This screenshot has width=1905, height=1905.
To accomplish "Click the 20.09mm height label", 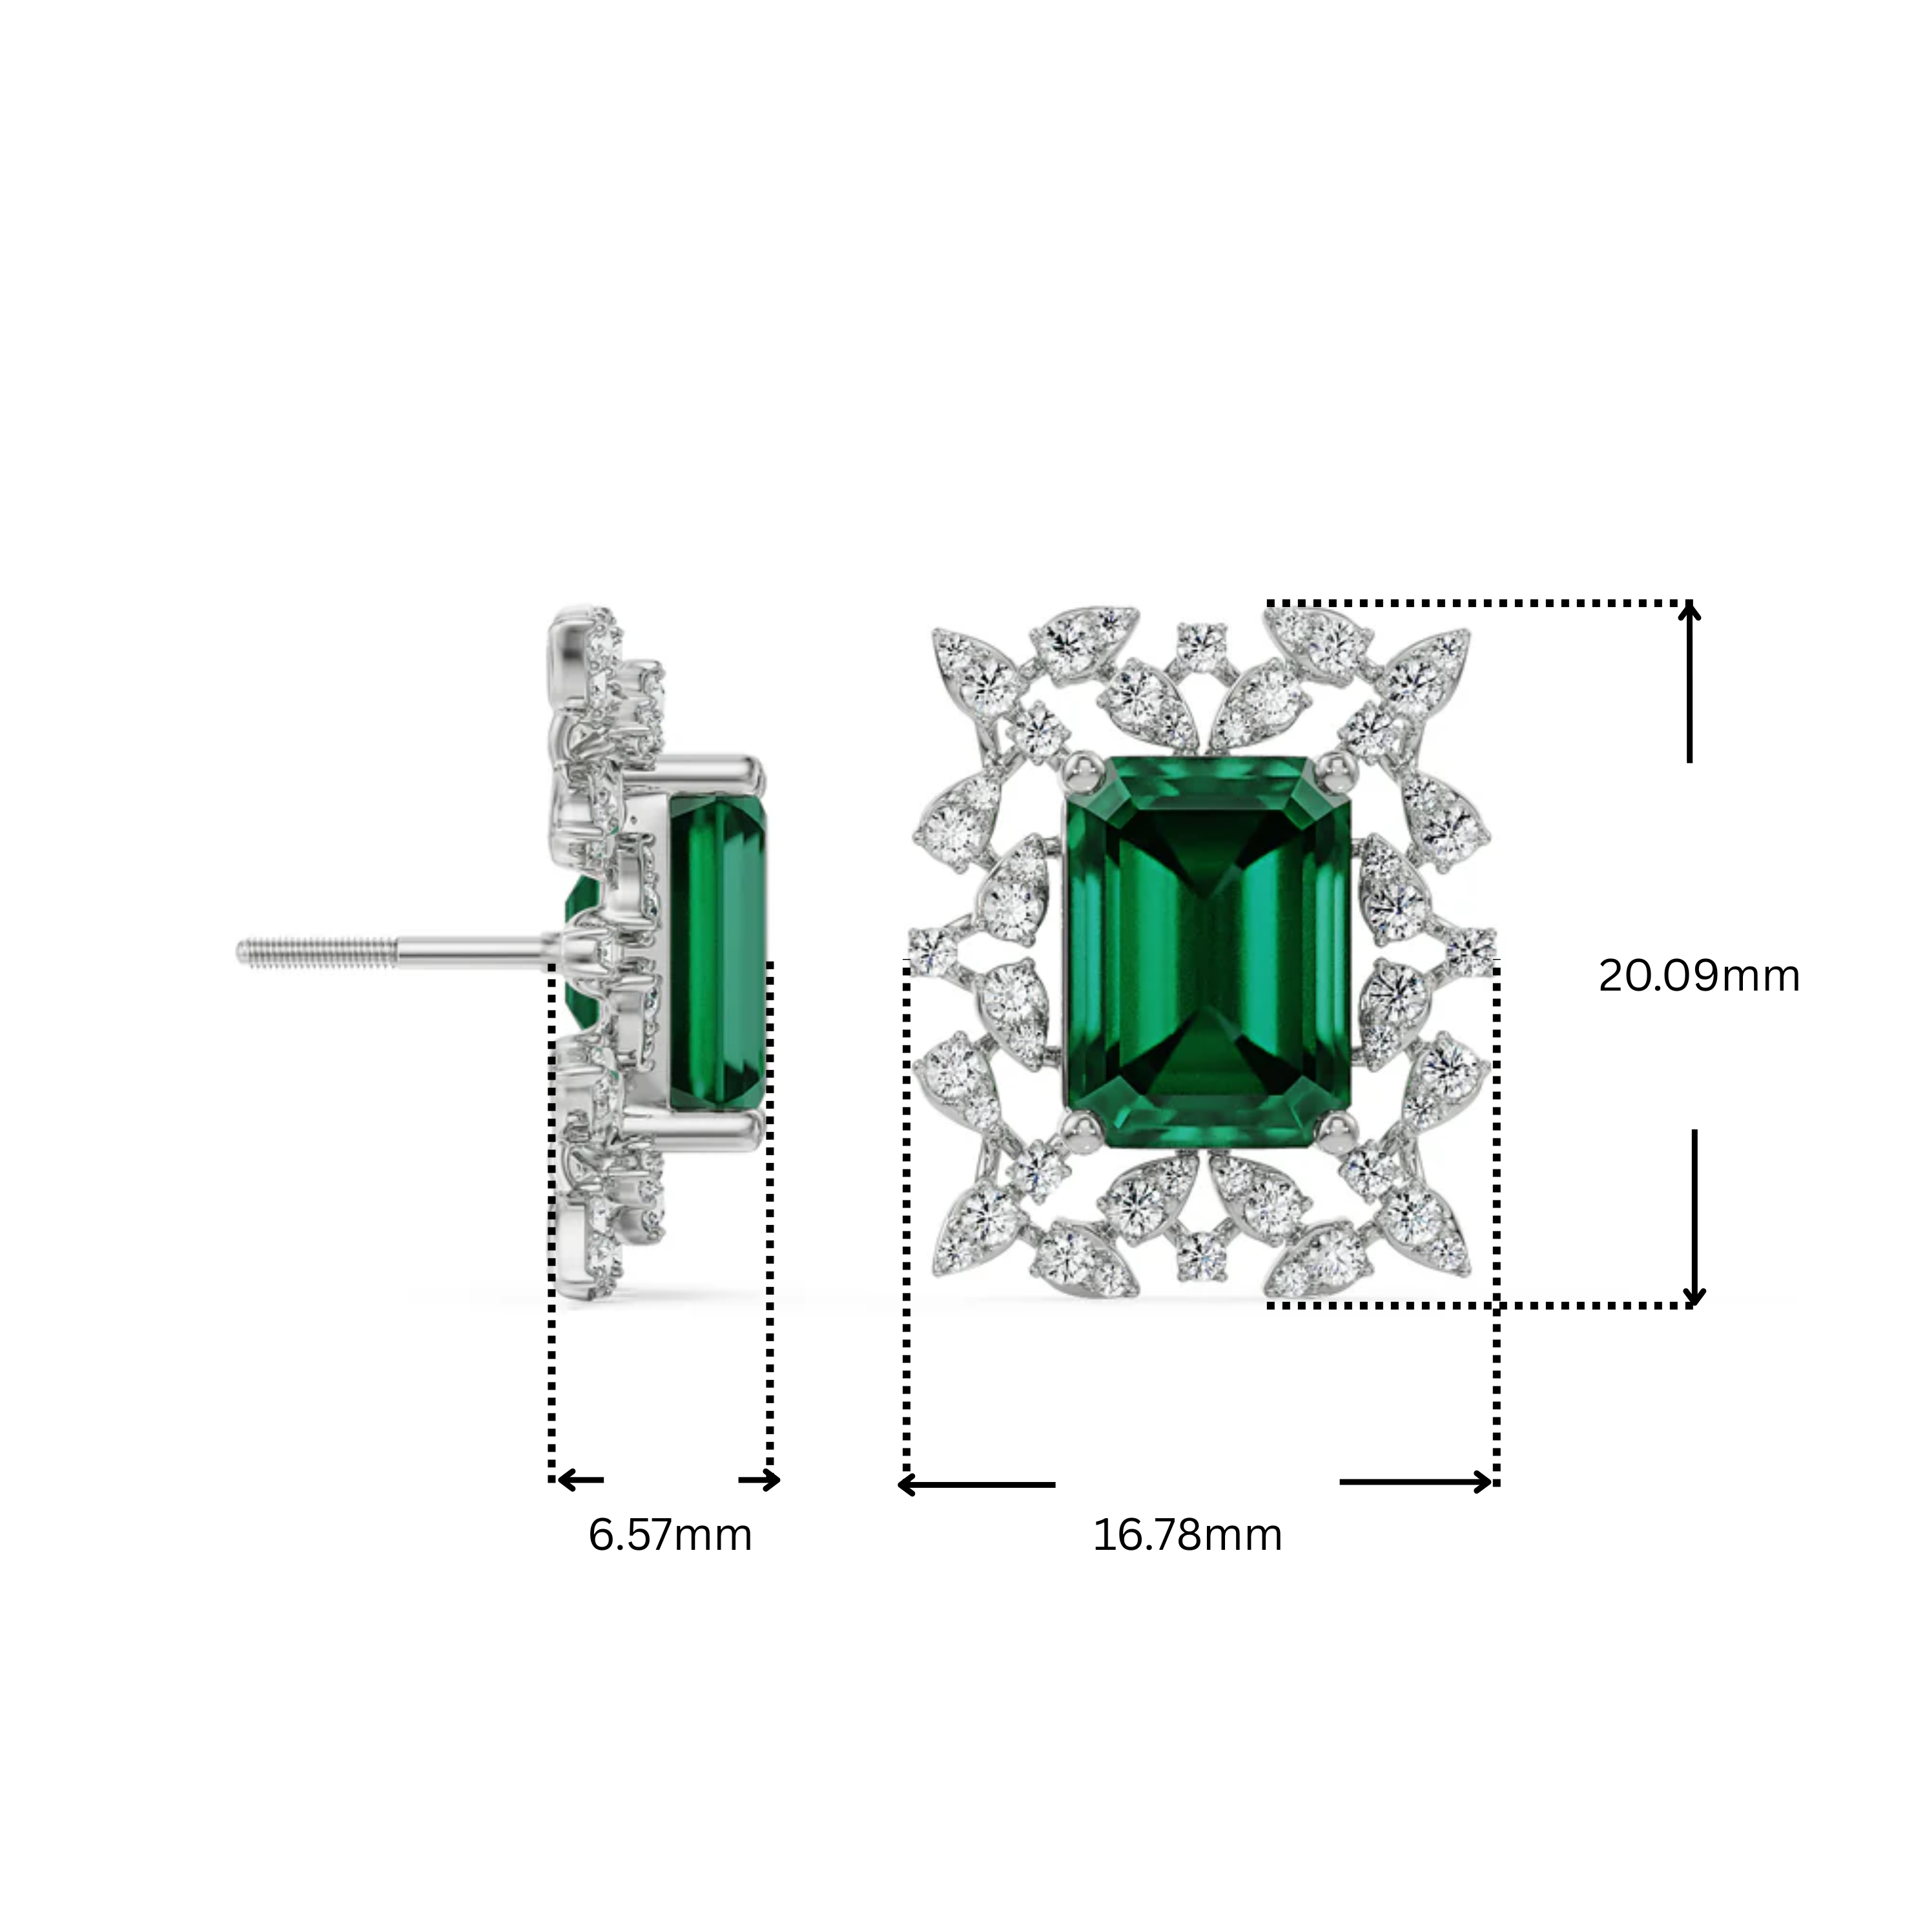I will pos(1698,976).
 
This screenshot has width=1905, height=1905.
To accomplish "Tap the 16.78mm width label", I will pos(1187,1535).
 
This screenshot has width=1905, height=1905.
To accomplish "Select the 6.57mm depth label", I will pos(670,1535).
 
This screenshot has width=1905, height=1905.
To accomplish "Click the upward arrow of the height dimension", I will pos(1690,681).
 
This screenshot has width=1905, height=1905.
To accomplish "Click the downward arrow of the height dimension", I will pos(1694,1218).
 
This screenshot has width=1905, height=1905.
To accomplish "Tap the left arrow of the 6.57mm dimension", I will pos(580,1480).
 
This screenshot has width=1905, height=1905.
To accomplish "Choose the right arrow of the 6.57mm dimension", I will pos(760,1480).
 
